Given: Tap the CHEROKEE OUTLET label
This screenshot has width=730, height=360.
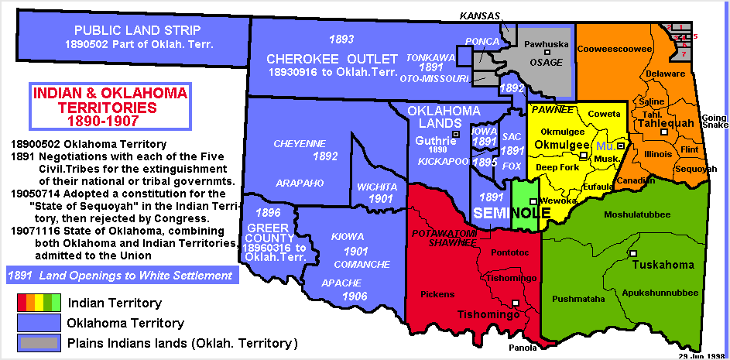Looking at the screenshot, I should (x=332, y=59).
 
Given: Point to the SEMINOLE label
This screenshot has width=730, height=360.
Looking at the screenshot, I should (x=502, y=212).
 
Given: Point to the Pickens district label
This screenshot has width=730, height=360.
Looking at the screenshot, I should (x=437, y=294).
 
